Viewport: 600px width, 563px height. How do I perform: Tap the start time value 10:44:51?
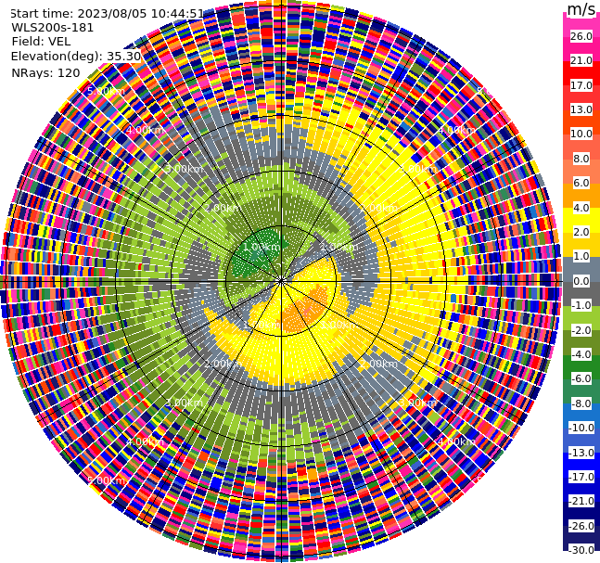179,14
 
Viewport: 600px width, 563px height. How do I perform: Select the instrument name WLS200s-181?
53,28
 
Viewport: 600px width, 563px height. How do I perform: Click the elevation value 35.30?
124,56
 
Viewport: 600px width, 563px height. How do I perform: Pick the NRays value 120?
69,72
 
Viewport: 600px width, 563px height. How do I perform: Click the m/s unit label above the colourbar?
581,9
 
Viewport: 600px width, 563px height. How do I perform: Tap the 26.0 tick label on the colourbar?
581,36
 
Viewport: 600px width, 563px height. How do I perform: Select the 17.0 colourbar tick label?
581,85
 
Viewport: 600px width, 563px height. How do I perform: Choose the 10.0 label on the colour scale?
581,134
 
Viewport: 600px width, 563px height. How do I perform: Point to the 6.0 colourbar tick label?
581,183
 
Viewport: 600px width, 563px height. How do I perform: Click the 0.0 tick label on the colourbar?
581,281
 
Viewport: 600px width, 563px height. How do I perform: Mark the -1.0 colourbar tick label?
581,305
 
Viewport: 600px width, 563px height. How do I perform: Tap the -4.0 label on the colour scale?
581,354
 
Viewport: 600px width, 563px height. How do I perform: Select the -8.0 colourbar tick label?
581,403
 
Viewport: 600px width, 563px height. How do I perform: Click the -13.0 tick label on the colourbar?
581,452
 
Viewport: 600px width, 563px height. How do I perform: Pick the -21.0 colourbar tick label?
581,501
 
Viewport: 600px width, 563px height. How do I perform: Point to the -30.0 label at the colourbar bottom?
581,550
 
